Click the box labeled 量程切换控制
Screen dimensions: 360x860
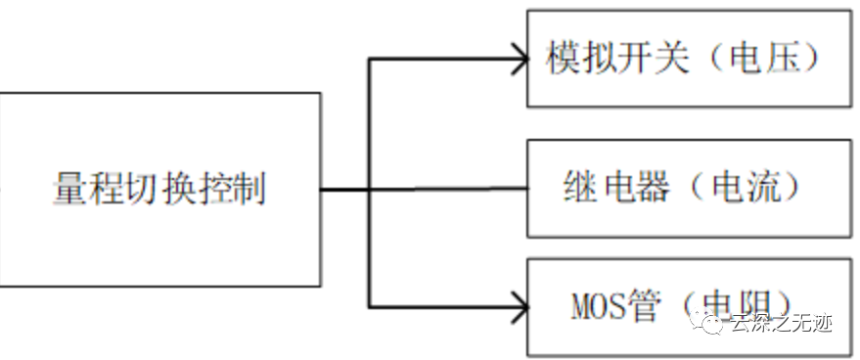click(159, 189)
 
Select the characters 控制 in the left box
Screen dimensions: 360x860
click(240, 189)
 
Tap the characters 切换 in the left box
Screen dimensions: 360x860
click(159, 189)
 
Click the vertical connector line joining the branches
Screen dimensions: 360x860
click(369, 186)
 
